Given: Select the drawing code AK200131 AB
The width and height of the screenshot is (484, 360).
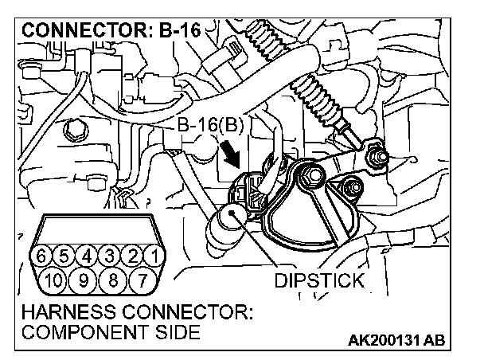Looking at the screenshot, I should tap(396, 341).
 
